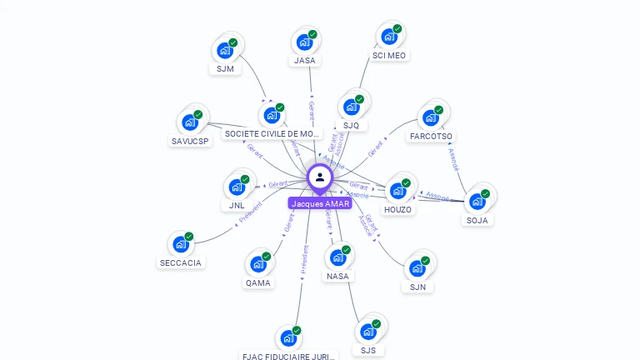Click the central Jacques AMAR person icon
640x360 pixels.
click(319, 177)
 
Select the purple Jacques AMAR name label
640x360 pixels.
click(320, 203)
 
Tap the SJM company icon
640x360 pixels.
click(224, 50)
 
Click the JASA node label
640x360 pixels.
click(305, 61)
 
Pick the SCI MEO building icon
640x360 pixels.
click(388, 37)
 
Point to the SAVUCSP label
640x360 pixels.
click(190, 141)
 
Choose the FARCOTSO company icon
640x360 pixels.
click(430, 117)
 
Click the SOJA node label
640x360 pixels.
click(477, 220)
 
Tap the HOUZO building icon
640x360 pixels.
click(397, 191)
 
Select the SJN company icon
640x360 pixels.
click(417, 269)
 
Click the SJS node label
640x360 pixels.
click(368, 350)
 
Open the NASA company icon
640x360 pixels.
click(337, 257)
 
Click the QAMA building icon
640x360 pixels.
click(257, 265)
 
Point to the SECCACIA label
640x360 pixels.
click(181, 262)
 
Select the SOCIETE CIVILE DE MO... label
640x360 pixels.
click(272, 133)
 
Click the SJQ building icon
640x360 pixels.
click(351, 107)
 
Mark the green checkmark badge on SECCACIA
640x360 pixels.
click(189, 237)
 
